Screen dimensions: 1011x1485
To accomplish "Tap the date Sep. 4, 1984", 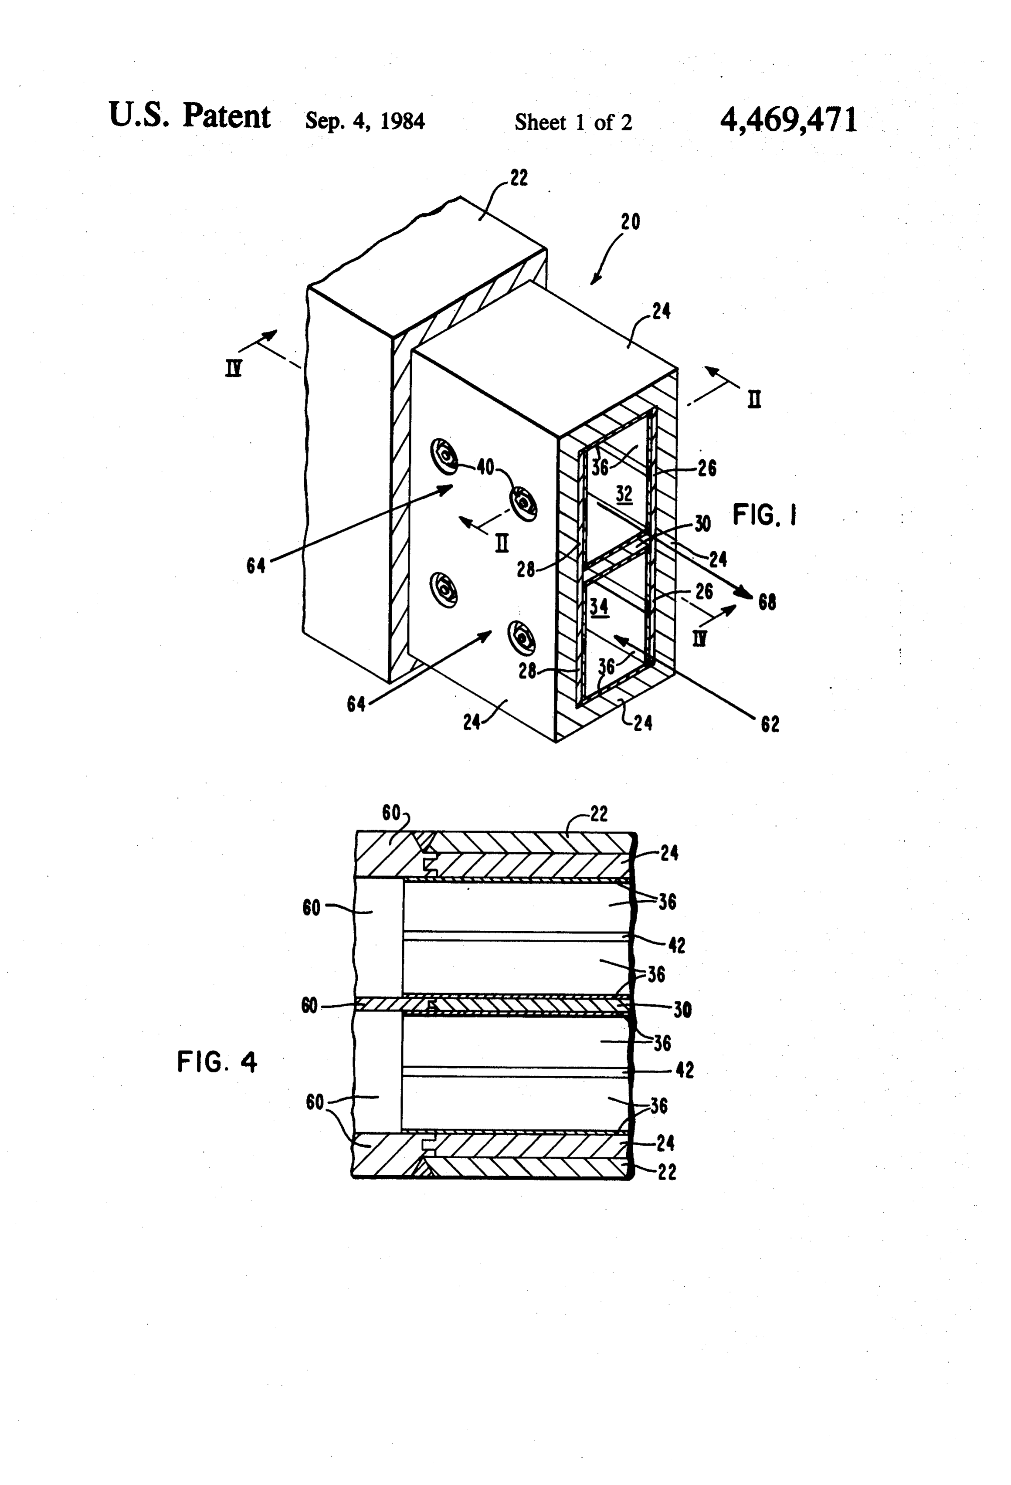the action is [365, 120].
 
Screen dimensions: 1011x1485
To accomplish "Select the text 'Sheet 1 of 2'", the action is [573, 122].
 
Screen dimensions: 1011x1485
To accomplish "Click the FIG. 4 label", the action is [217, 1062].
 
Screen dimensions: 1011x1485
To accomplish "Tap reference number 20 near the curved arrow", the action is [630, 222].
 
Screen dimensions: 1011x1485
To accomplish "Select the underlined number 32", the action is [624, 494].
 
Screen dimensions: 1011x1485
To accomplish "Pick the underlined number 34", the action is [599, 606].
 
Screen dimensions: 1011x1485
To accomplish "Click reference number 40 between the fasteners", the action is [486, 467].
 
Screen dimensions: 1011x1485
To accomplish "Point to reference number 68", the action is [767, 602].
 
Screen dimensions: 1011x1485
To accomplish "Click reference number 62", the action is [770, 724].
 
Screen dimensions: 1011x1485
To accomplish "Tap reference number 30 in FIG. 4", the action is [682, 1010].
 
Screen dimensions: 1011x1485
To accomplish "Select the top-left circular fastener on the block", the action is [444, 456].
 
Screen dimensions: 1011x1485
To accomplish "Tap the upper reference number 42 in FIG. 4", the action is [676, 945].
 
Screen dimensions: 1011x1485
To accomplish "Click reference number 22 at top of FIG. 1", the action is [519, 178].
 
